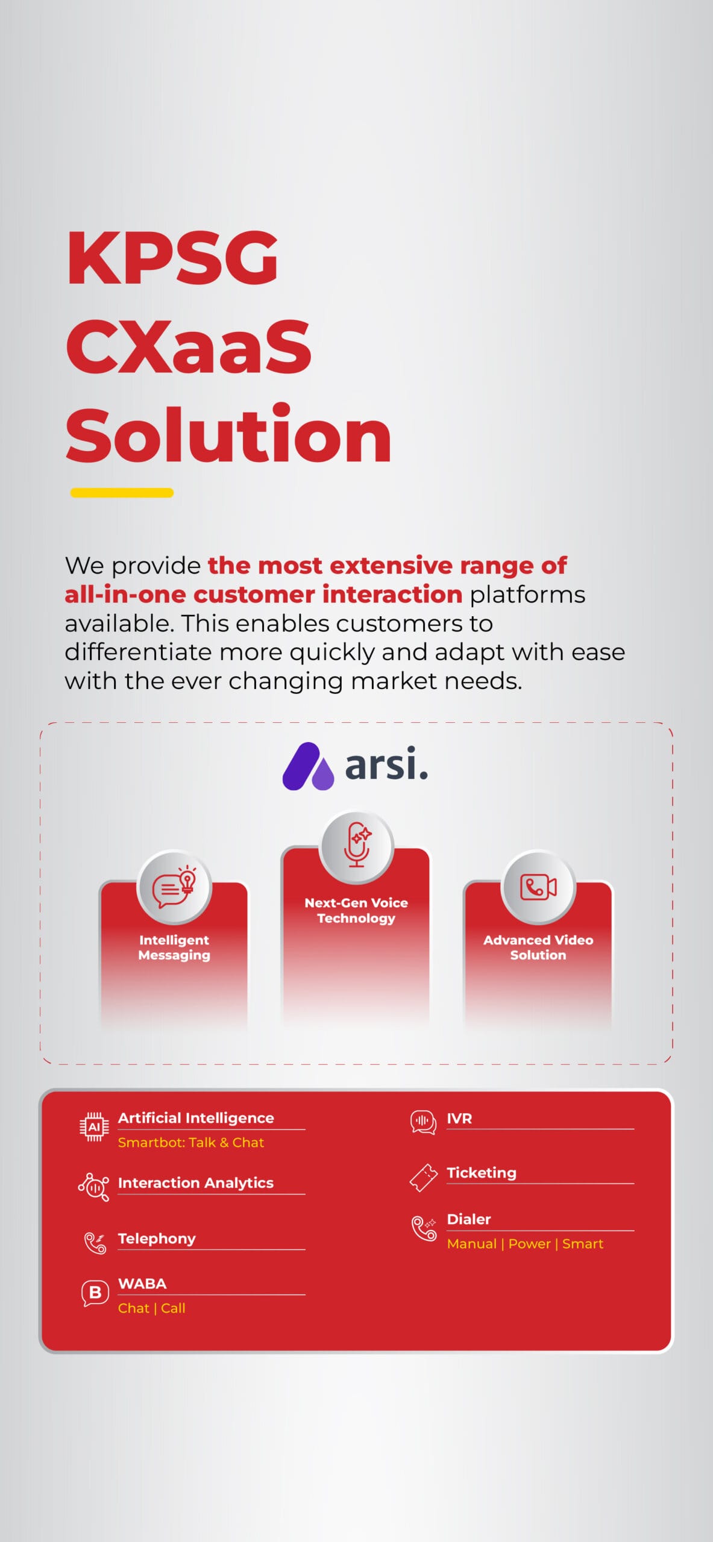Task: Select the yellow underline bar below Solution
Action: tap(122, 493)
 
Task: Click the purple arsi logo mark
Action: tap(308, 766)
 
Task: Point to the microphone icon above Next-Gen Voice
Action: tap(357, 844)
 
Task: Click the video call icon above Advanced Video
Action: tap(538, 887)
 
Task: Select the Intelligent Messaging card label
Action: tap(174, 947)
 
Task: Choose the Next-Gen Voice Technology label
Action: tap(356, 910)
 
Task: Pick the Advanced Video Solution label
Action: tap(538, 947)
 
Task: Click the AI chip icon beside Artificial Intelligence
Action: tap(95, 1127)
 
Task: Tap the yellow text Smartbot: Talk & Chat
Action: tap(191, 1143)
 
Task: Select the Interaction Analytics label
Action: tap(196, 1183)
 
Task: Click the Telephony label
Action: tap(157, 1238)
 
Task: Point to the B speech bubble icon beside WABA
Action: tap(95, 1293)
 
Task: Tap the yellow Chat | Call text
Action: tap(152, 1308)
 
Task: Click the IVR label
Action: tap(459, 1119)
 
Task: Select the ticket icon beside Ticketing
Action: tap(424, 1178)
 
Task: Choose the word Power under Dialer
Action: tap(530, 1244)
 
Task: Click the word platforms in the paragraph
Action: tap(527, 595)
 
